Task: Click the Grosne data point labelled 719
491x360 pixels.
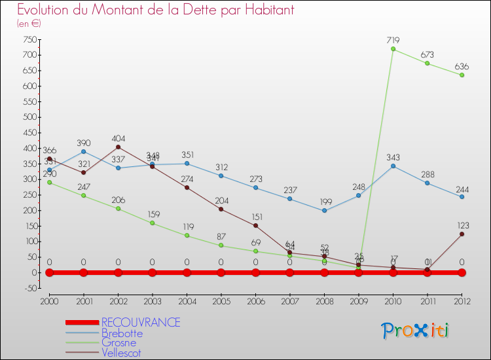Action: pyautogui.click(x=393, y=49)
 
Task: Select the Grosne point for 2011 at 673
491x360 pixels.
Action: pyautogui.click(x=427, y=63)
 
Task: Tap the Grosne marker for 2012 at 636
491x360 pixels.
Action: pyautogui.click(x=462, y=75)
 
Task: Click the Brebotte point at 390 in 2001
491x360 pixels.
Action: pyautogui.click(x=83, y=151)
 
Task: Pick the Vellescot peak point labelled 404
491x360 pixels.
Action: pyautogui.click(x=118, y=147)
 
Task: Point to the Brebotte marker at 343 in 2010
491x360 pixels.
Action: pyautogui.click(x=393, y=166)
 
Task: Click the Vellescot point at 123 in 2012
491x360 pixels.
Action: pyautogui.click(x=462, y=234)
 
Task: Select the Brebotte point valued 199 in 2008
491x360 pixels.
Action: pyautogui.click(x=324, y=210)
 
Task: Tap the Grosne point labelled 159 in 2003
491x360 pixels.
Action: pyautogui.click(x=153, y=223)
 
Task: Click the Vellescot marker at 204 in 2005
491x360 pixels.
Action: pyautogui.click(x=221, y=209)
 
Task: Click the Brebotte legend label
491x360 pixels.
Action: pyautogui.click(x=122, y=333)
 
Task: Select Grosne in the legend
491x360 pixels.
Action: pyautogui.click(x=118, y=343)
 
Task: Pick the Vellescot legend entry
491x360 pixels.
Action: pyautogui.click(x=121, y=353)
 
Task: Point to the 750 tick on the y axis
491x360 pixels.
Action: pyautogui.click(x=29, y=39)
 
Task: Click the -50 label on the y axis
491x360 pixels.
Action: pyautogui.click(x=29, y=288)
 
